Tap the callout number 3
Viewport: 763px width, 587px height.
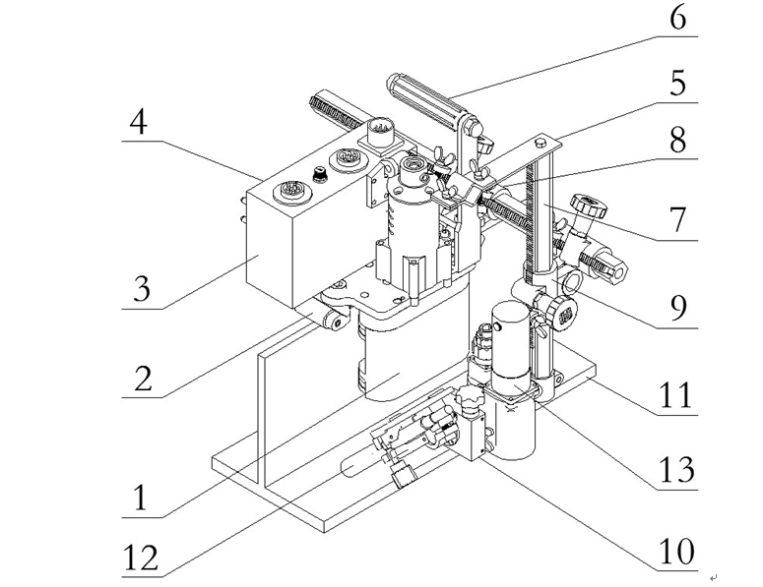(x=144, y=290)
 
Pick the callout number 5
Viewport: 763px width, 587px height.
(x=677, y=85)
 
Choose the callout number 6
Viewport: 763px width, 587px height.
(x=677, y=19)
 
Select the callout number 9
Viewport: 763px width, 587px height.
(x=677, y=308)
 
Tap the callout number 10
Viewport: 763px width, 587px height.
(x=677, y=551)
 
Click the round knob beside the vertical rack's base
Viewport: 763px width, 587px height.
(x=563, y=310)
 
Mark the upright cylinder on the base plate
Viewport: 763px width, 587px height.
(x=512, y=344)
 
